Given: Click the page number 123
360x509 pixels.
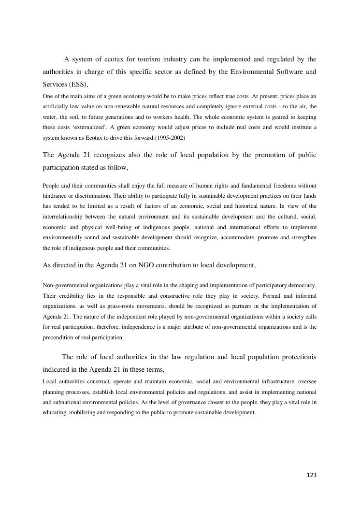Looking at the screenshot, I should point(311,475).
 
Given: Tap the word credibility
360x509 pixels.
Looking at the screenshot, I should point(72,295).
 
